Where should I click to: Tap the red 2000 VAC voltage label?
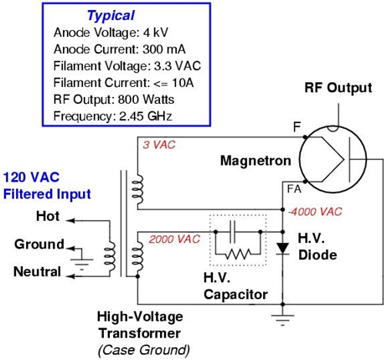(173, 239)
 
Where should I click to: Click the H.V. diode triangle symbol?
(283, 249)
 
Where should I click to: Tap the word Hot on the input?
(47, 217)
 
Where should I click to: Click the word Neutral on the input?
(38, 271)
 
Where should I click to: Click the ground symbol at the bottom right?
(283, 316)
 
